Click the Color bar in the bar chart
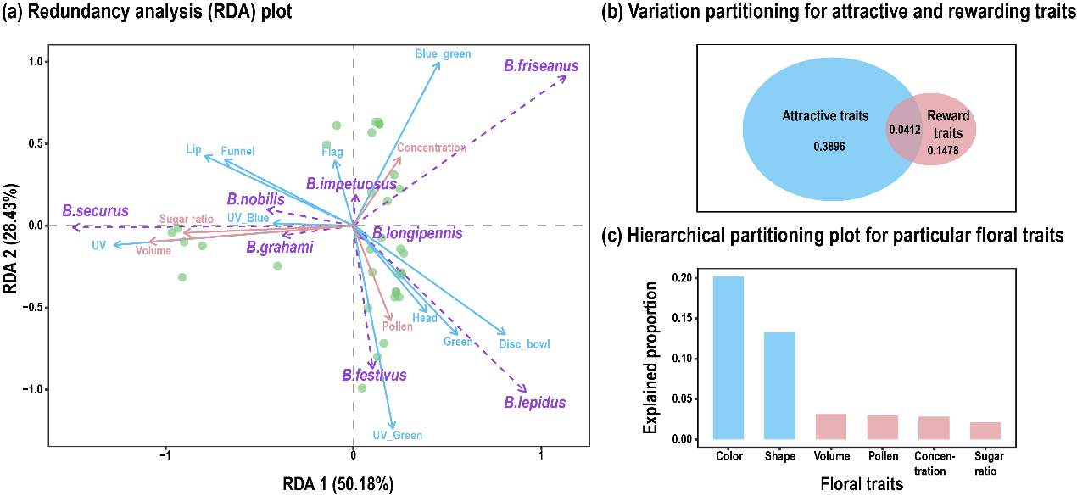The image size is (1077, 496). click(728, 358)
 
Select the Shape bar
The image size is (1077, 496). click(779, 386)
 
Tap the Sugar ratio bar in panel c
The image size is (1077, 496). click(985, 431)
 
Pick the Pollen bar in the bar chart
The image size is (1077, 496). click(882, 427)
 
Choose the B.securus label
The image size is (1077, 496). click(95, 210)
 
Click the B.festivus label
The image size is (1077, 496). click(374, 375)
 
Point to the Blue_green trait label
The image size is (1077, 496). click(443, 54)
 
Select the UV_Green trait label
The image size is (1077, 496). click(395, 436)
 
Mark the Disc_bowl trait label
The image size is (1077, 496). click(524, 344)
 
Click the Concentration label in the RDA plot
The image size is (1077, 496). click(432, 148)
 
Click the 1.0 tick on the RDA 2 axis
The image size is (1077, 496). click(33, 61)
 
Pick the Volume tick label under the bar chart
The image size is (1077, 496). click(831, 457)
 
